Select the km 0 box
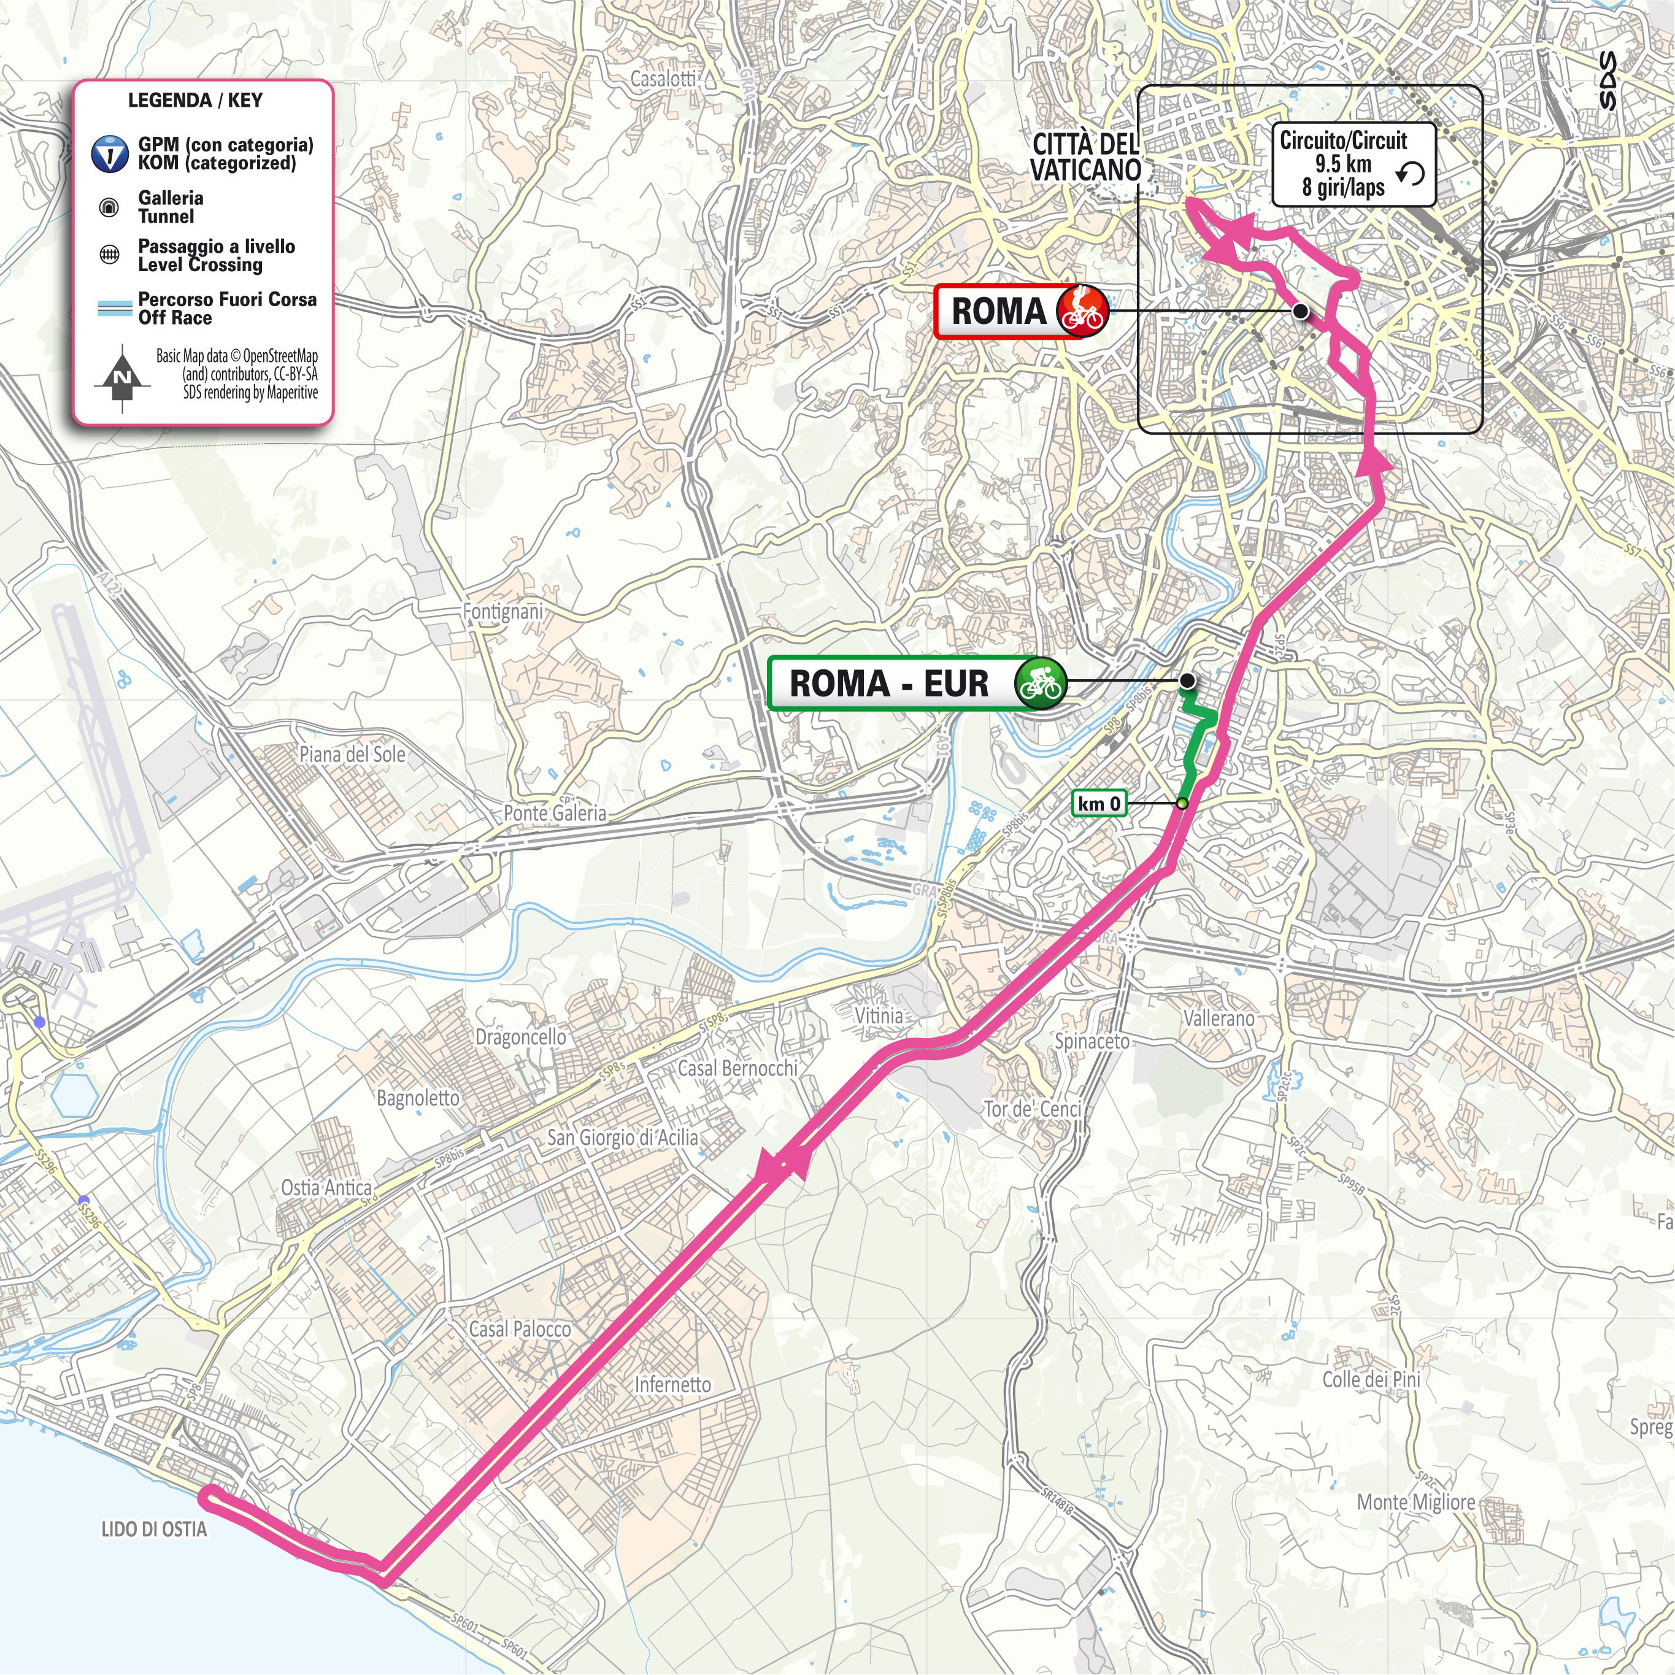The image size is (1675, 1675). tap(1099, 804)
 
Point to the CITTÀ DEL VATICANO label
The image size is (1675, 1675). tap(1085, 158)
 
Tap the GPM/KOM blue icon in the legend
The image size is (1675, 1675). tap(110, 153)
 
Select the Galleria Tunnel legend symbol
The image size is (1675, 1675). tap(110, 207)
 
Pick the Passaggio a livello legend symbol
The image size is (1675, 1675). tap(110, 255)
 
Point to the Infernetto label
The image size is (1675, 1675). tap(673, 1385)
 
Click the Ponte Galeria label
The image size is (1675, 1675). tap(555, 813)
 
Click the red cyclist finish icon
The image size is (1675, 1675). tap(1082, 311)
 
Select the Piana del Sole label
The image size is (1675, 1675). tap(352, 754)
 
